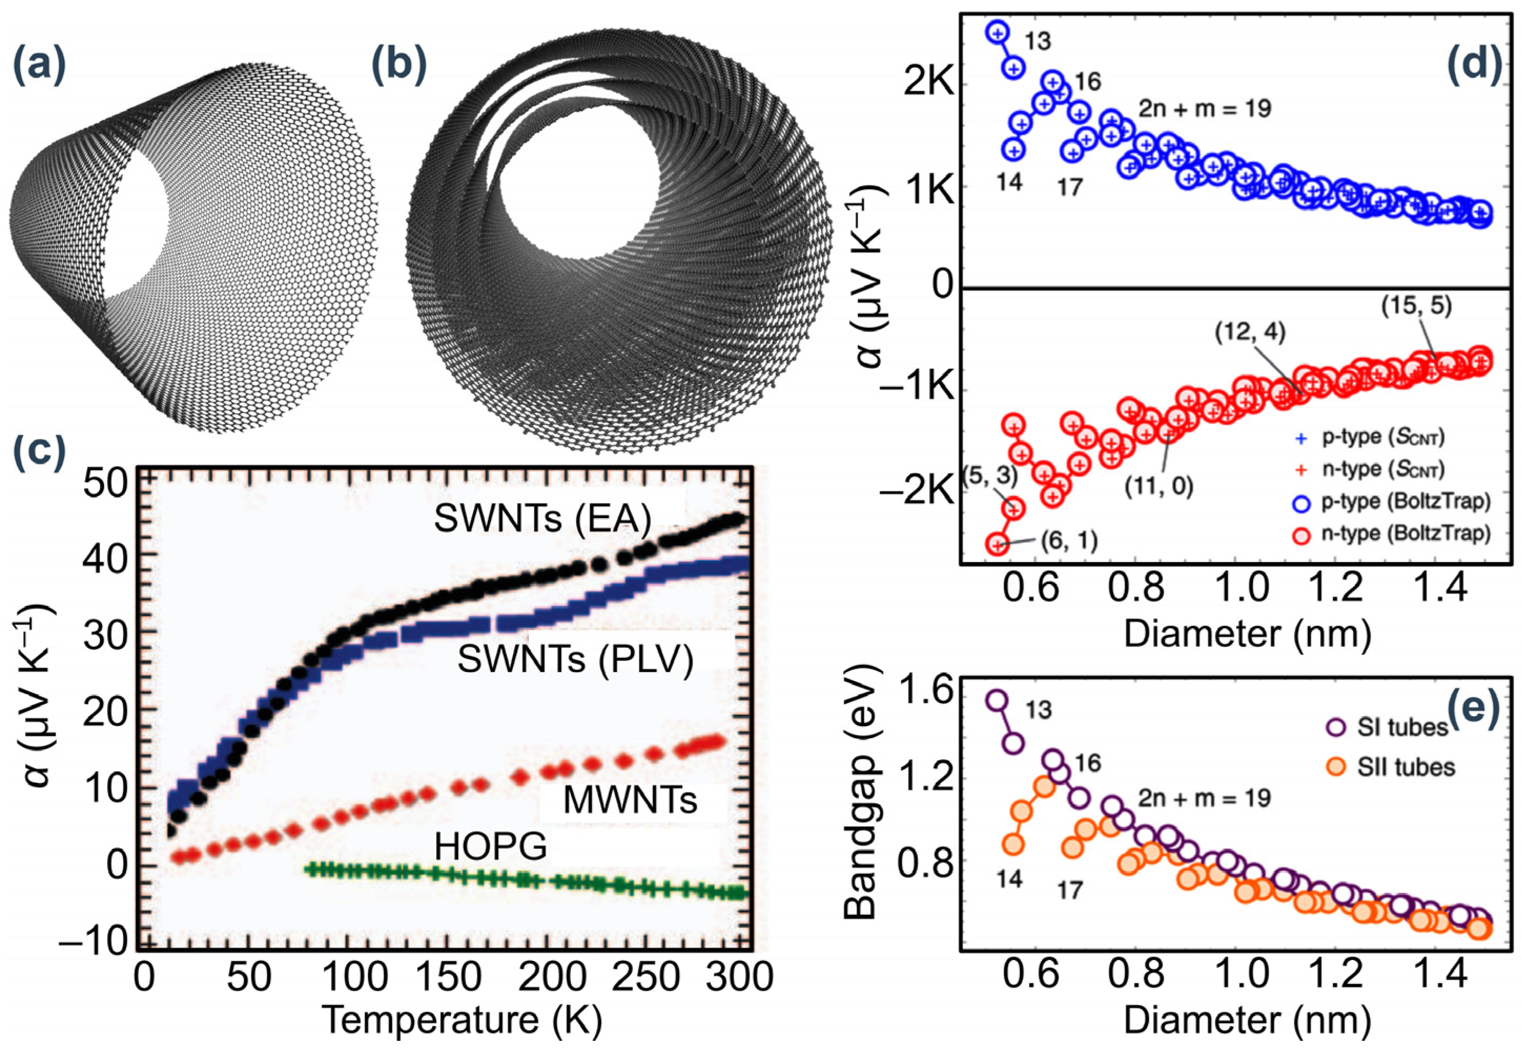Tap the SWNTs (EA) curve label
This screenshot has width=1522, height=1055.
[542, 520]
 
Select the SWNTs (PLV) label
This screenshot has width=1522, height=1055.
[575, 659]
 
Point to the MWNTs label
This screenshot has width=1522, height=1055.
[630, 801]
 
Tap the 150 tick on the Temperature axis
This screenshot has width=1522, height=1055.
[461, 977]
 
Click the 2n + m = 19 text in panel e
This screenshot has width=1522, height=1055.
[1204, 798]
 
